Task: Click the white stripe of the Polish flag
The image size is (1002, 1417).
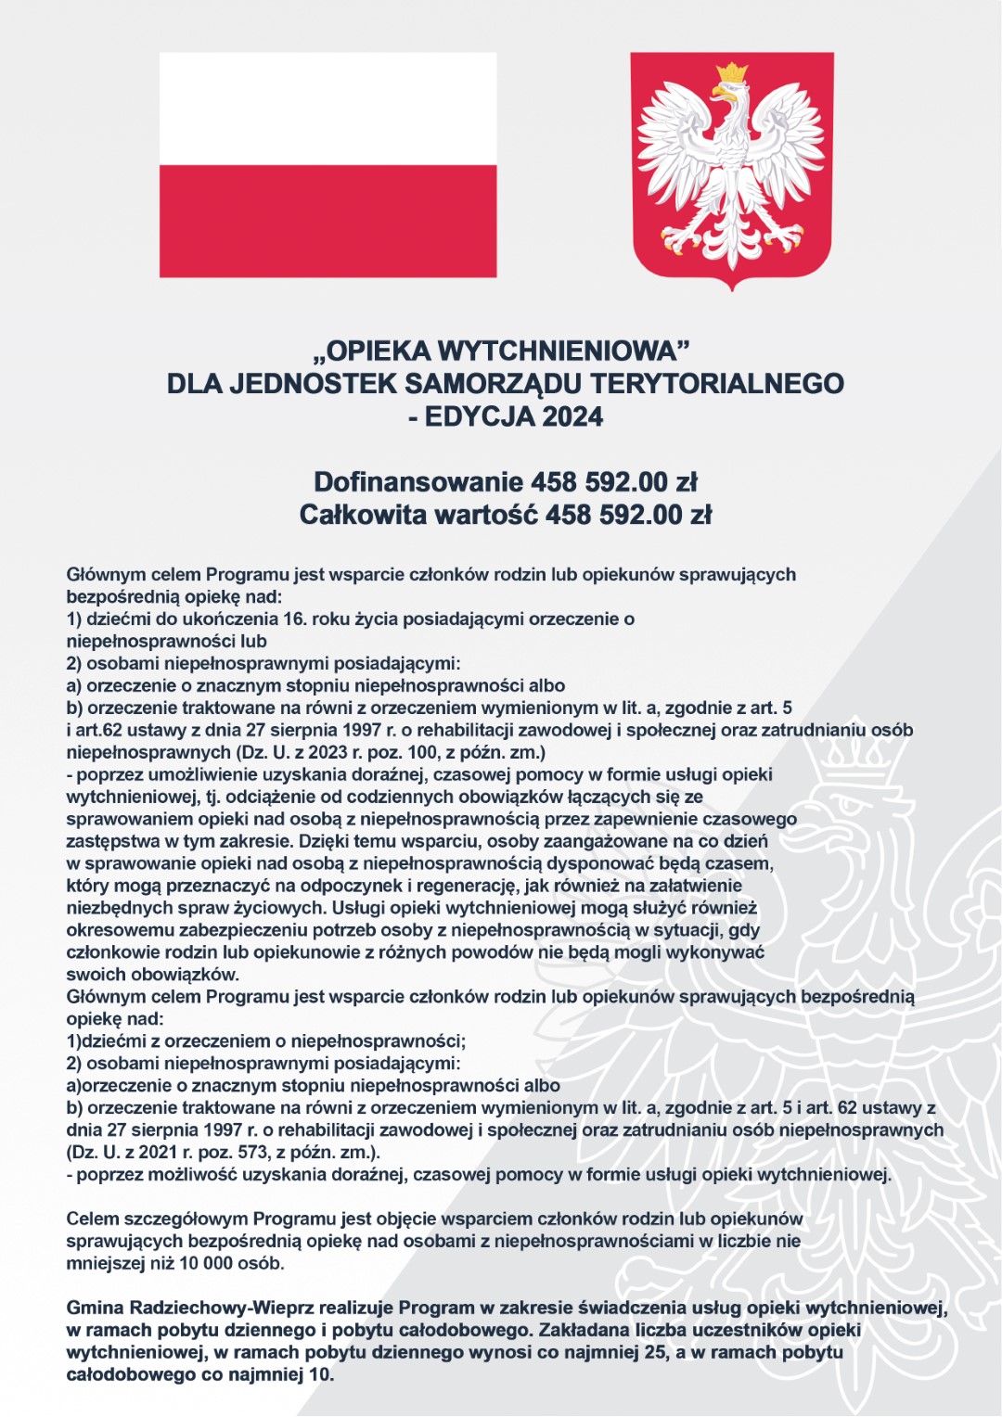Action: tap(328, 109)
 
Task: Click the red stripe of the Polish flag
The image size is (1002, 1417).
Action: tap(328, 221)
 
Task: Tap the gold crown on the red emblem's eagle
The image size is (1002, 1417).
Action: tap(733, 72)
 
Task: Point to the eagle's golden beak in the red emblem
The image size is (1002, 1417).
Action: tap(719, 94)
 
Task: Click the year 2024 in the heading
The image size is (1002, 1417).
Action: tap(572, 417)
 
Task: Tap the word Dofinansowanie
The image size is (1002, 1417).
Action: tap(418, 482)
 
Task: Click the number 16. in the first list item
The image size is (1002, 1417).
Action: tap(295, 619)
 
